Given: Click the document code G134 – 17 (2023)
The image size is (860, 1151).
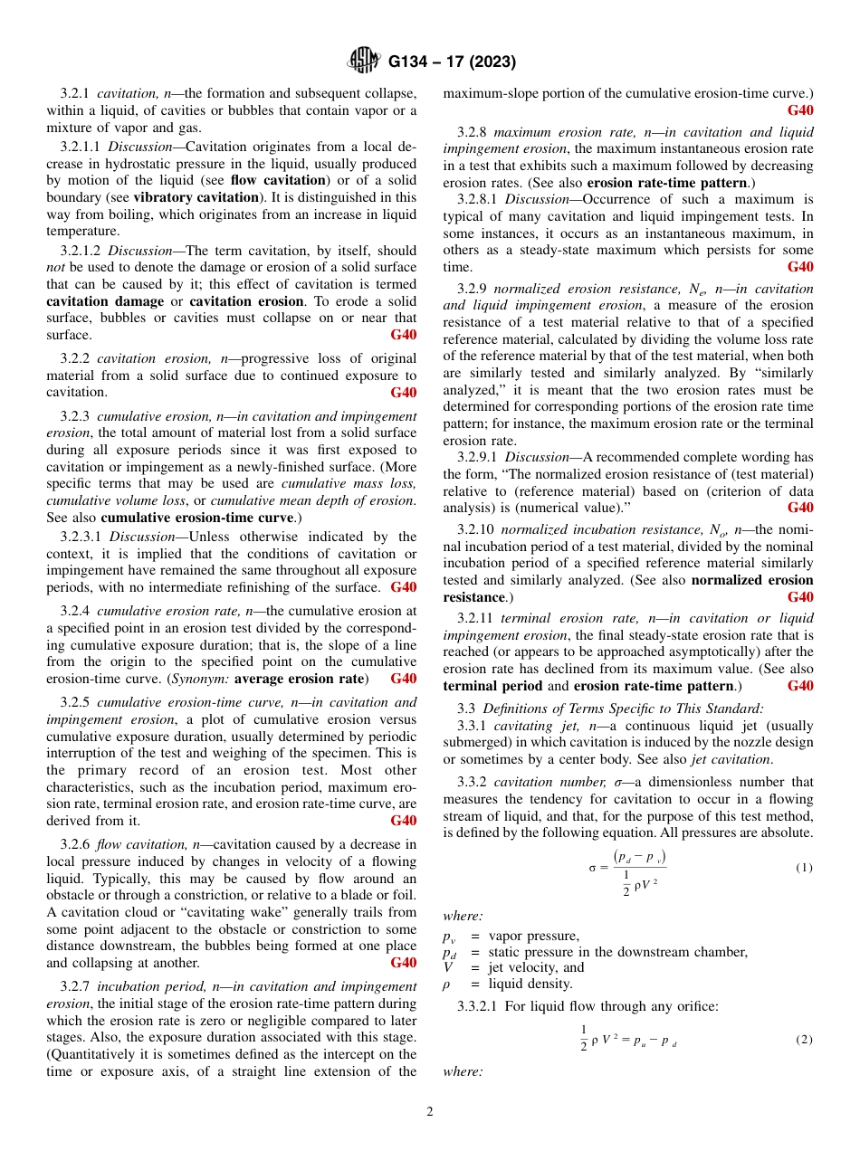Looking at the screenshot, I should (452, 62).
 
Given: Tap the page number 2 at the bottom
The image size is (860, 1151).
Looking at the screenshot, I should (430, 1112).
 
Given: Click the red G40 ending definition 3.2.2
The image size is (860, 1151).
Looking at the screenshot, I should (403, 393).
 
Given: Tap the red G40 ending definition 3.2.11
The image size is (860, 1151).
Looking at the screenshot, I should (799, 686).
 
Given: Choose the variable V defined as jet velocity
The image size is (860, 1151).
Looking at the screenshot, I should (447, 967).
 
